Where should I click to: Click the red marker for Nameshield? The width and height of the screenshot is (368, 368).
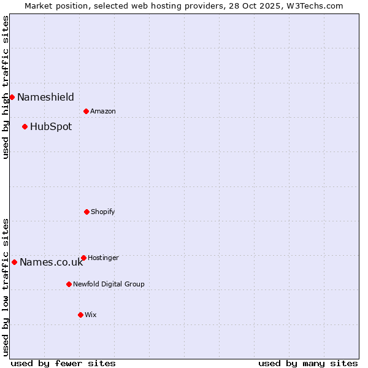12,97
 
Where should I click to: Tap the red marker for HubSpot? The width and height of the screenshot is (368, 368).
25,127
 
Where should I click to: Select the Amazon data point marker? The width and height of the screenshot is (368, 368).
86,111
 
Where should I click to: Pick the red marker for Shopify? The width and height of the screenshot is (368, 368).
86,212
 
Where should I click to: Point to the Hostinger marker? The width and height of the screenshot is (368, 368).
83,258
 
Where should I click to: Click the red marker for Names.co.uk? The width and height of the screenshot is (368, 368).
14,262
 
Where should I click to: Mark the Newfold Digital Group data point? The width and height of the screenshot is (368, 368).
69,284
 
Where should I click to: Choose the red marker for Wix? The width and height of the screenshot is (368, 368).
80,315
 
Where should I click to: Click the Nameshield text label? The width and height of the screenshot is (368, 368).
45,97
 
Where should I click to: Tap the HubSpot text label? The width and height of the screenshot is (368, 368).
51,127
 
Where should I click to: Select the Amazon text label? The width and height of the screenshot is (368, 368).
103,111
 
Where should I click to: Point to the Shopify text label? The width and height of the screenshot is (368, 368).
103,212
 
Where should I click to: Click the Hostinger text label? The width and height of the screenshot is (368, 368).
103,258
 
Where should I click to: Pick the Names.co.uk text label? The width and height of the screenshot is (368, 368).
51,263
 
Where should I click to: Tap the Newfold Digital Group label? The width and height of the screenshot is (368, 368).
109,284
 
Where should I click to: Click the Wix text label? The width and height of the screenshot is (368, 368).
91,315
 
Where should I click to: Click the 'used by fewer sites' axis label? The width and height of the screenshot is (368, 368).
63,363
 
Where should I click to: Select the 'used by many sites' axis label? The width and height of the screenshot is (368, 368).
308,363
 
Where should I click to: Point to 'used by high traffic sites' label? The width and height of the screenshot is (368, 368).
6,87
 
